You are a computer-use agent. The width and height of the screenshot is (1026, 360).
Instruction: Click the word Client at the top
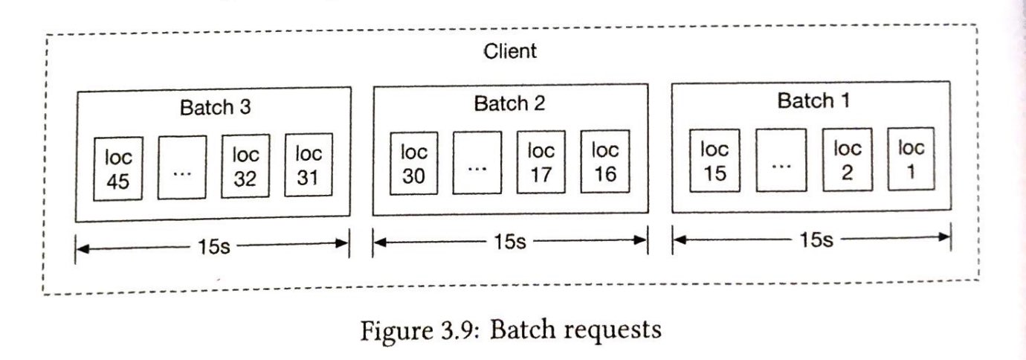click(510, 53)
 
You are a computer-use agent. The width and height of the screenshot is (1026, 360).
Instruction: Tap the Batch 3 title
click(216, 107)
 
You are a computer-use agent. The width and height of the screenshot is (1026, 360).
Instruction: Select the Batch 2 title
click(509, 103)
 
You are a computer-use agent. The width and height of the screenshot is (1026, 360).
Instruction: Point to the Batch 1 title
click(813, 100)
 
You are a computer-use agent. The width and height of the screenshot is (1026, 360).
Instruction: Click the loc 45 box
click(117, 168)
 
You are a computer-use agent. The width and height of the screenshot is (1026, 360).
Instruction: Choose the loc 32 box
click(245, 167)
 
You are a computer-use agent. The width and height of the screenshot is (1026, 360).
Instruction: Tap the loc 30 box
click(414, 164)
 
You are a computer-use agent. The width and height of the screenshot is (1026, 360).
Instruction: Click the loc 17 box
click(541, 163)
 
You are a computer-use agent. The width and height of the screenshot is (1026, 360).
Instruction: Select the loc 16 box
click(605, 162)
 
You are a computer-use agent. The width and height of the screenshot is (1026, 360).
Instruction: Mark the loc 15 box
click(714, 161)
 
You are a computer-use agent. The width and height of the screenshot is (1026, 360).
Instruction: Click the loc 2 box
click(846, 159)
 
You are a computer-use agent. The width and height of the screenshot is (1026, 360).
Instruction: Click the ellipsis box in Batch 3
click(181, 169)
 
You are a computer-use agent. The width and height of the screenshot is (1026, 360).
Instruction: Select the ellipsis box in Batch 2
click(477, 164)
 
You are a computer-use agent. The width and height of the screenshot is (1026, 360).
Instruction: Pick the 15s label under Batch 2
click(510, 242)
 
